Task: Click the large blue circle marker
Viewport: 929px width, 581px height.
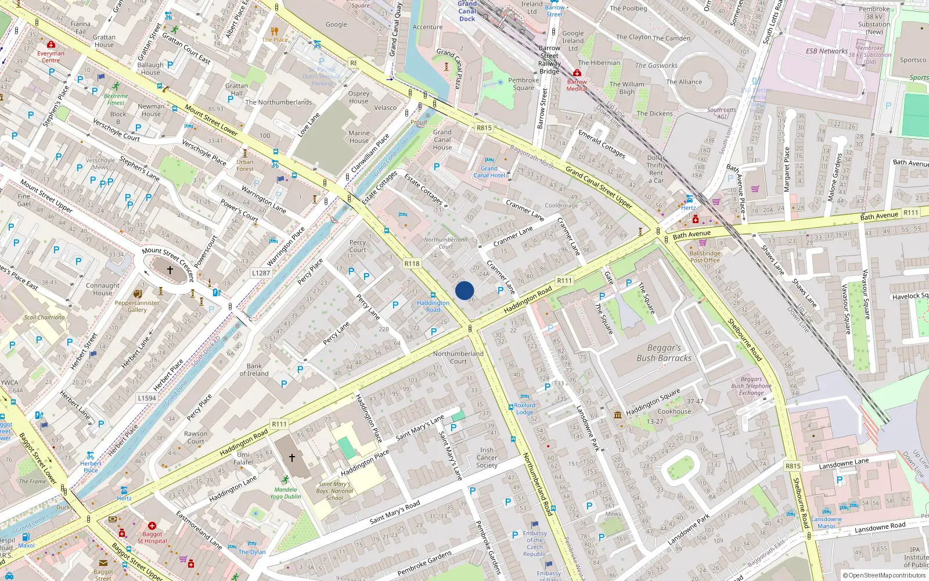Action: point(464,290)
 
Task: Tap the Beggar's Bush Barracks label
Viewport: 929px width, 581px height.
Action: point(664,353)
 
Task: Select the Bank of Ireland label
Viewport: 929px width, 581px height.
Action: point(254,370)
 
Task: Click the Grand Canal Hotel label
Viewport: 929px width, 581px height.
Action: point(489,171)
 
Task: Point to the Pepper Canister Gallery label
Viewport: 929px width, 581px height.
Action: point(137,306)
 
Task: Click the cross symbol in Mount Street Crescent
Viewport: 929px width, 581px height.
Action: point(170,270)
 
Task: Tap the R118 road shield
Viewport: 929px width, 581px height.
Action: point(412,264)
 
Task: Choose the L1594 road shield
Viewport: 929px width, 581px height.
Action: point(147,398)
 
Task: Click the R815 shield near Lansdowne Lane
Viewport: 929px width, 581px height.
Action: point(793,466)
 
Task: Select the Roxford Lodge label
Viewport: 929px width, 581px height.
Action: point(524,408)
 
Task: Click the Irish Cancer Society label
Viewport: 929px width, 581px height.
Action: point(487,458)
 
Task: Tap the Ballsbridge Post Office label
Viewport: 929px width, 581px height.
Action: point(705,257)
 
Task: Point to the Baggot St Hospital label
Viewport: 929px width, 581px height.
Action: point(152,537)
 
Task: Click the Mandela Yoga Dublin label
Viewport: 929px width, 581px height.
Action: point(286,493)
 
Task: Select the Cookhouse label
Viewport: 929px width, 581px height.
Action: point(674,411)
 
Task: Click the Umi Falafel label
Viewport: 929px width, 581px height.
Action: point(243,458)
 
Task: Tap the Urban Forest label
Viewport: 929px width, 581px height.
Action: point(244,166)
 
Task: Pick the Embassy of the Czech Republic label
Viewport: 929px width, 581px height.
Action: point(535,543)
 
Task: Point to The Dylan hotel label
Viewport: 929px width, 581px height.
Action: point(252,552)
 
